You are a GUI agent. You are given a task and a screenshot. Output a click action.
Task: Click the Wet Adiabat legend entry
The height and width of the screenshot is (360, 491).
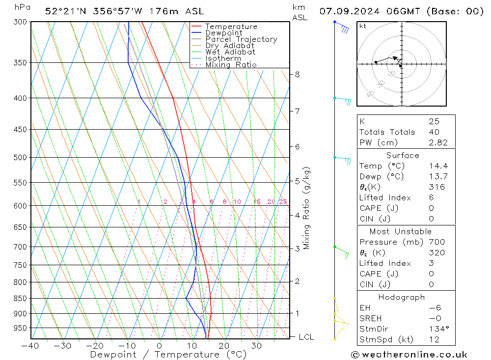230,52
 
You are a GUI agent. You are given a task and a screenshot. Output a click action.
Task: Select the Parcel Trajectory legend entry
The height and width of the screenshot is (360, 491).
241,39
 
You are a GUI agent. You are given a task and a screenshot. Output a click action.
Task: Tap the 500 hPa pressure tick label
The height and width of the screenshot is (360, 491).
21,158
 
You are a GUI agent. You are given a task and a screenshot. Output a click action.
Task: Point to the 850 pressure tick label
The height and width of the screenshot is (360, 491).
21,299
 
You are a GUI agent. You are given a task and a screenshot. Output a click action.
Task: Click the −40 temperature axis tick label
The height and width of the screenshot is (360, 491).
30,345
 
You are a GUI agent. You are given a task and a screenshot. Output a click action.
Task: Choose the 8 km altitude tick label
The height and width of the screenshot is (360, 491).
298,75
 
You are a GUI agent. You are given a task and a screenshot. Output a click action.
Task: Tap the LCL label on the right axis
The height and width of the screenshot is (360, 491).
306,337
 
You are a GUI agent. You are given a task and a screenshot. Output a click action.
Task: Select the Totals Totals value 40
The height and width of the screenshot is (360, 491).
434,132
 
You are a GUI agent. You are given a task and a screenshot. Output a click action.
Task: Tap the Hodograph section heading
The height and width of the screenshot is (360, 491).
402,297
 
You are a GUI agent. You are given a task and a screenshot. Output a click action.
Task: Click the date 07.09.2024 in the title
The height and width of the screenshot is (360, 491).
348,11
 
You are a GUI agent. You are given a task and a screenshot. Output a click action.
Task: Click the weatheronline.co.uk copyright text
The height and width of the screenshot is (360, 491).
409,355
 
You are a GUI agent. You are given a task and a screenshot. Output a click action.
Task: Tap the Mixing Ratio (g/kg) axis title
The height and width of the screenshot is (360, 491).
307,208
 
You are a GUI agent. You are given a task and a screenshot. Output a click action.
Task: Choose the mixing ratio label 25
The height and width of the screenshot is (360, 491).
283,202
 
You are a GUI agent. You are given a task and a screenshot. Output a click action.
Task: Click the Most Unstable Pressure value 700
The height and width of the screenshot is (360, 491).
436,242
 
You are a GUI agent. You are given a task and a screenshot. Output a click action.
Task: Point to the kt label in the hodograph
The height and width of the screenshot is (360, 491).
363,26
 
